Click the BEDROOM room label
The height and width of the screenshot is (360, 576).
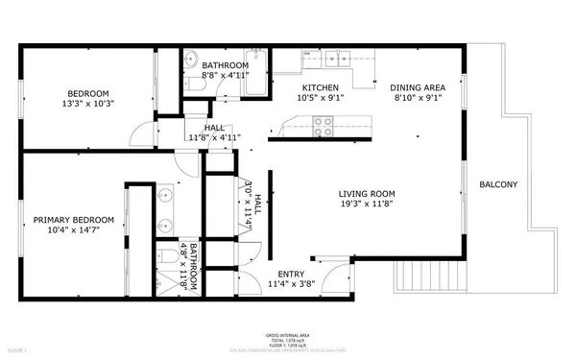click(x=87, y=93)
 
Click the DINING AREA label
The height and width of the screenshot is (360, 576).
click(x=418, y=86)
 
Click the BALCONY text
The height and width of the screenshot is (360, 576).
click(x=498, y=185)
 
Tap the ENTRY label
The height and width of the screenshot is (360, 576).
click(x=291, y=273)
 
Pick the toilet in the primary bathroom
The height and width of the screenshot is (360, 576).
click(x=167, y=256)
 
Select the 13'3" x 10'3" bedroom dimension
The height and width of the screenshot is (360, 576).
click(x=87, y=104)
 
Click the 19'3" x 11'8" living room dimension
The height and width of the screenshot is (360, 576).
click(x=366, y=203)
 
